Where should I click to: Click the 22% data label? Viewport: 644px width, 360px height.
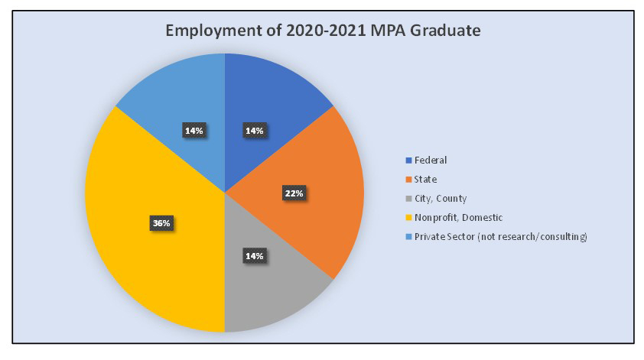pos(293,193)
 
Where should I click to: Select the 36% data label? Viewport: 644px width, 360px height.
pos(161,223)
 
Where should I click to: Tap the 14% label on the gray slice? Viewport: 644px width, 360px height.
pos(254,255)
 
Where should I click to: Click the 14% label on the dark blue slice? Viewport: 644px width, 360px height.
pos(254,131)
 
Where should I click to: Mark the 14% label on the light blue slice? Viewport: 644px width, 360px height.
pos(194,131)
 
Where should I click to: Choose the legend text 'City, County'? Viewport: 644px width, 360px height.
pos(440,199)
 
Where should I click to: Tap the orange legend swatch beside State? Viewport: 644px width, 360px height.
pos(408,180)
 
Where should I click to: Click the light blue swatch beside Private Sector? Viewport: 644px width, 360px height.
pos(408,237)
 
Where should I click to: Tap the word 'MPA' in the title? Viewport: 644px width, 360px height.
pos(374,32)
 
